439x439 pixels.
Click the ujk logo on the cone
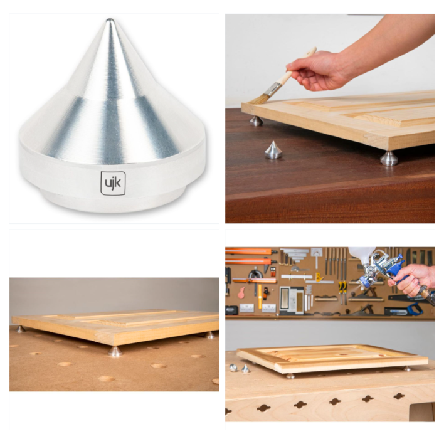click(113, 183)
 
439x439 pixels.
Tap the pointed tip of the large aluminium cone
click(110, 20)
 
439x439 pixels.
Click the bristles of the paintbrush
click(258, 98)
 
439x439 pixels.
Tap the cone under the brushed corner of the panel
click(256, 121)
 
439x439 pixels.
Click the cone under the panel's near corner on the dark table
click(389, 158)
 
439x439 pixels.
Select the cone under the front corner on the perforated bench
click(115, 351)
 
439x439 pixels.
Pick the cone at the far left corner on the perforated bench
click(20, 329)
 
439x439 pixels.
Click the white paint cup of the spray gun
click(362, 255)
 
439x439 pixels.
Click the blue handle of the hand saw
click(415, 309)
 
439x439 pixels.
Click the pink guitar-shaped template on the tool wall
click(241, 293)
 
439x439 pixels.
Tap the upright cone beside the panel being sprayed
click(246, 368)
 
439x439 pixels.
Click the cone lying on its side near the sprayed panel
click(233, 368)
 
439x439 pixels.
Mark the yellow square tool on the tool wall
click(318, 278)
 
